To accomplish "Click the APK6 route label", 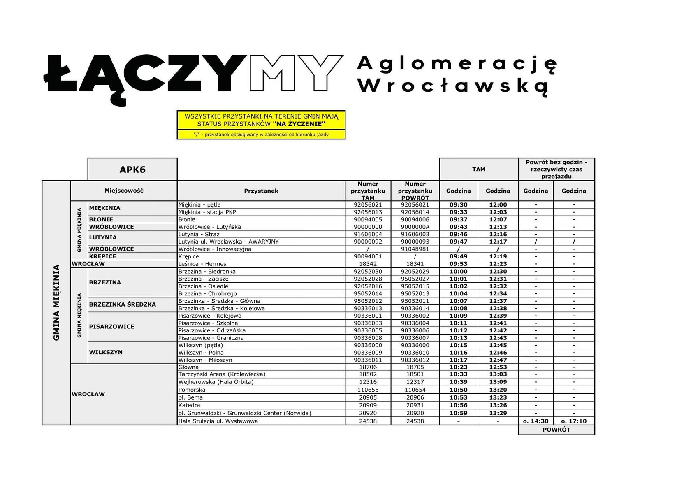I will (x=132, y=170).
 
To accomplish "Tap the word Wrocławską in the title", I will (x=452, y=86).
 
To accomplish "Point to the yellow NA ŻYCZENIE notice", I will (x=261, y=120).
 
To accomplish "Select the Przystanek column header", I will (x=261, y=191).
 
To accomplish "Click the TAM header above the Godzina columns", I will (x=478, y=169).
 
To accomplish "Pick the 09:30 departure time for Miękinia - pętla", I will (x=458, y=204).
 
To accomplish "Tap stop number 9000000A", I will (x=415, y=227).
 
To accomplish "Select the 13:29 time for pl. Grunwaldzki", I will (x=498, y=413).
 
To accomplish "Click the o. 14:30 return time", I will (x=536, y=421).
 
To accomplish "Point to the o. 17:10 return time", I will (x=574, y=421).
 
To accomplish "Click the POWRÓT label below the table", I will (x=556, y=430).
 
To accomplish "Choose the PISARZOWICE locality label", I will (x=111, y=327).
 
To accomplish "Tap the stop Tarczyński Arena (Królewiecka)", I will (x=222, y=374).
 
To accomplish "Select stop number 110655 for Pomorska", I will (x=368, y=390).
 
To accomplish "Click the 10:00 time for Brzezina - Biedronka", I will (x=458, y=272).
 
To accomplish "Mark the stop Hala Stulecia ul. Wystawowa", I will (x=218, y=421).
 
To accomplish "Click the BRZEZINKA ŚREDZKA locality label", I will (x=122, y=304).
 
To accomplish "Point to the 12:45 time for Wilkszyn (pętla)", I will (x=498, y=345).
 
